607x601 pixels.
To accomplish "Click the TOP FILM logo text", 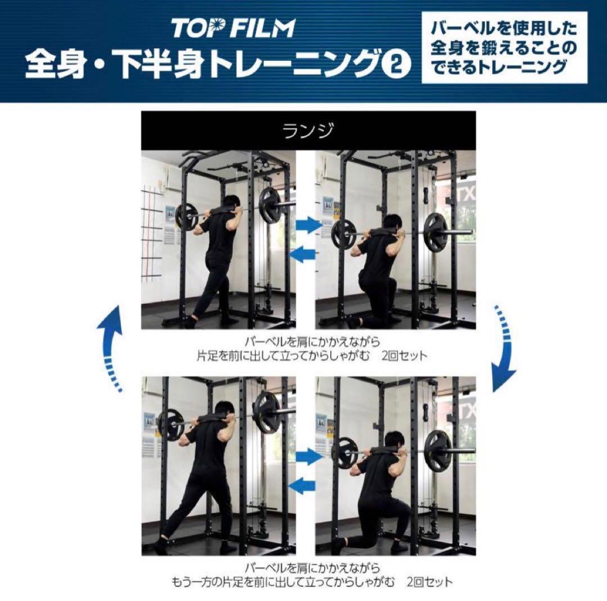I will (x=233, y=28).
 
